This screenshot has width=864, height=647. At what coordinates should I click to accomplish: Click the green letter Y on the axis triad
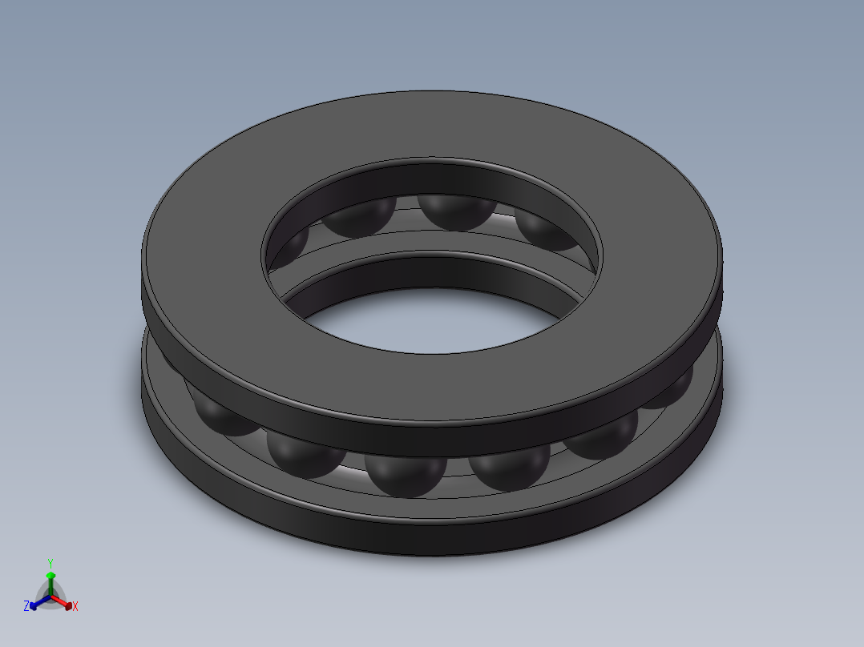(x=50, y=562)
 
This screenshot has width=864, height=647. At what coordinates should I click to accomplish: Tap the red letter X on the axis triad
(x=75, y=607)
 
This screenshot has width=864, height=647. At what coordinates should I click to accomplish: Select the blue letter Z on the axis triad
(x=26, y=606)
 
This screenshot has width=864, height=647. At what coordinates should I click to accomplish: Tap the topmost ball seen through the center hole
(x=458, y=211)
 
